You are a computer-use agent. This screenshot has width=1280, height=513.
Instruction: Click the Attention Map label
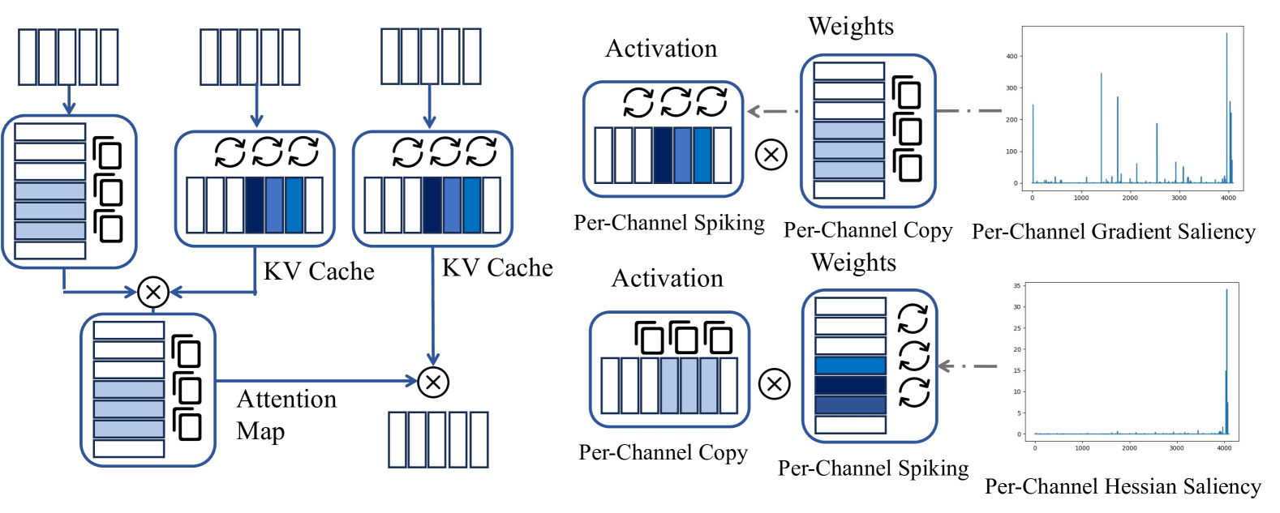[286, 414]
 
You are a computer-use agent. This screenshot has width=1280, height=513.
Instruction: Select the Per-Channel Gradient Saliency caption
[1113, 232]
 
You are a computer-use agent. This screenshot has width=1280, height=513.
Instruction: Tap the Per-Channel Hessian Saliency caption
[1123, 486]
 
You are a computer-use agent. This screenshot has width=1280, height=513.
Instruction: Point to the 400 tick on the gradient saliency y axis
[1012, 57]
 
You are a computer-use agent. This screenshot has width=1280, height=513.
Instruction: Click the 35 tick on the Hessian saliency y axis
[1017, 286]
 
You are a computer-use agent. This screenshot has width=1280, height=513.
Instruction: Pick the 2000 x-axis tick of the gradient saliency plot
[1130, 198]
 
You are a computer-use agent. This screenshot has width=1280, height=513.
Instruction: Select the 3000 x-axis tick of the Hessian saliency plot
[1176, 448]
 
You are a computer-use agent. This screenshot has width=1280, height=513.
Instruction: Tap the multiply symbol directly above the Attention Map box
[153, 292]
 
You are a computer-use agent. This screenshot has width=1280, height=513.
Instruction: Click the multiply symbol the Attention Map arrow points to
[433, 382]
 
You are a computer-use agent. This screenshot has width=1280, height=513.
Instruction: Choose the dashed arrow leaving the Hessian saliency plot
[968, 366]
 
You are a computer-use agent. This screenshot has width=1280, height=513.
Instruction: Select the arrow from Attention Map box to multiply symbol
[316, 381]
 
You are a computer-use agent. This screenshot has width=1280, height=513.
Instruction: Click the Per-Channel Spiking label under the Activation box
[669, 223]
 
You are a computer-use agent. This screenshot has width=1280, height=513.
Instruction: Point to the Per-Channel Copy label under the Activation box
[663, 452]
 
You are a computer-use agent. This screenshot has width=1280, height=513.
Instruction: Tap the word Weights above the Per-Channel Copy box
[851, 27]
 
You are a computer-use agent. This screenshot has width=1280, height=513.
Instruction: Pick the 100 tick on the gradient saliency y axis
[1012, 152]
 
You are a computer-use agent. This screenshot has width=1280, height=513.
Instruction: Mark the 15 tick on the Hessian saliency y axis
[1017, 371]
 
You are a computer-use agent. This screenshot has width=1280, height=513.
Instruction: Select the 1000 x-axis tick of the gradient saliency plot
[1081, 198]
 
